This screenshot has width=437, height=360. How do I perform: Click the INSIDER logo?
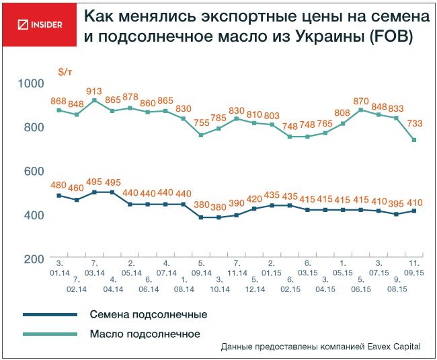pyautogui.click(x=41, y=25)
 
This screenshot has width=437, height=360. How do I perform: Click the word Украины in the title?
pyautogui.click(x=326, y=37)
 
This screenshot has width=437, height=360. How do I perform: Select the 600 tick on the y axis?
pyautogui.click(x=34, y=171)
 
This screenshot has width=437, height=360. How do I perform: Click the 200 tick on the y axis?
pyautogui.click(x=34, y=258)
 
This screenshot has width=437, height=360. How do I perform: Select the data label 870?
pyautogui.click(x=361, y=100)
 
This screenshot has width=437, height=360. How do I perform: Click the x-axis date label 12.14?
pyautogui.click(x=253, y=289)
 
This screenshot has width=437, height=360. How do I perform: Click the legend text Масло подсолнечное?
pyautogui.click(x=145, y=333)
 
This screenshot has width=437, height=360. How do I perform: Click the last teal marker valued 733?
pyautogui.click(x=413, y=140)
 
